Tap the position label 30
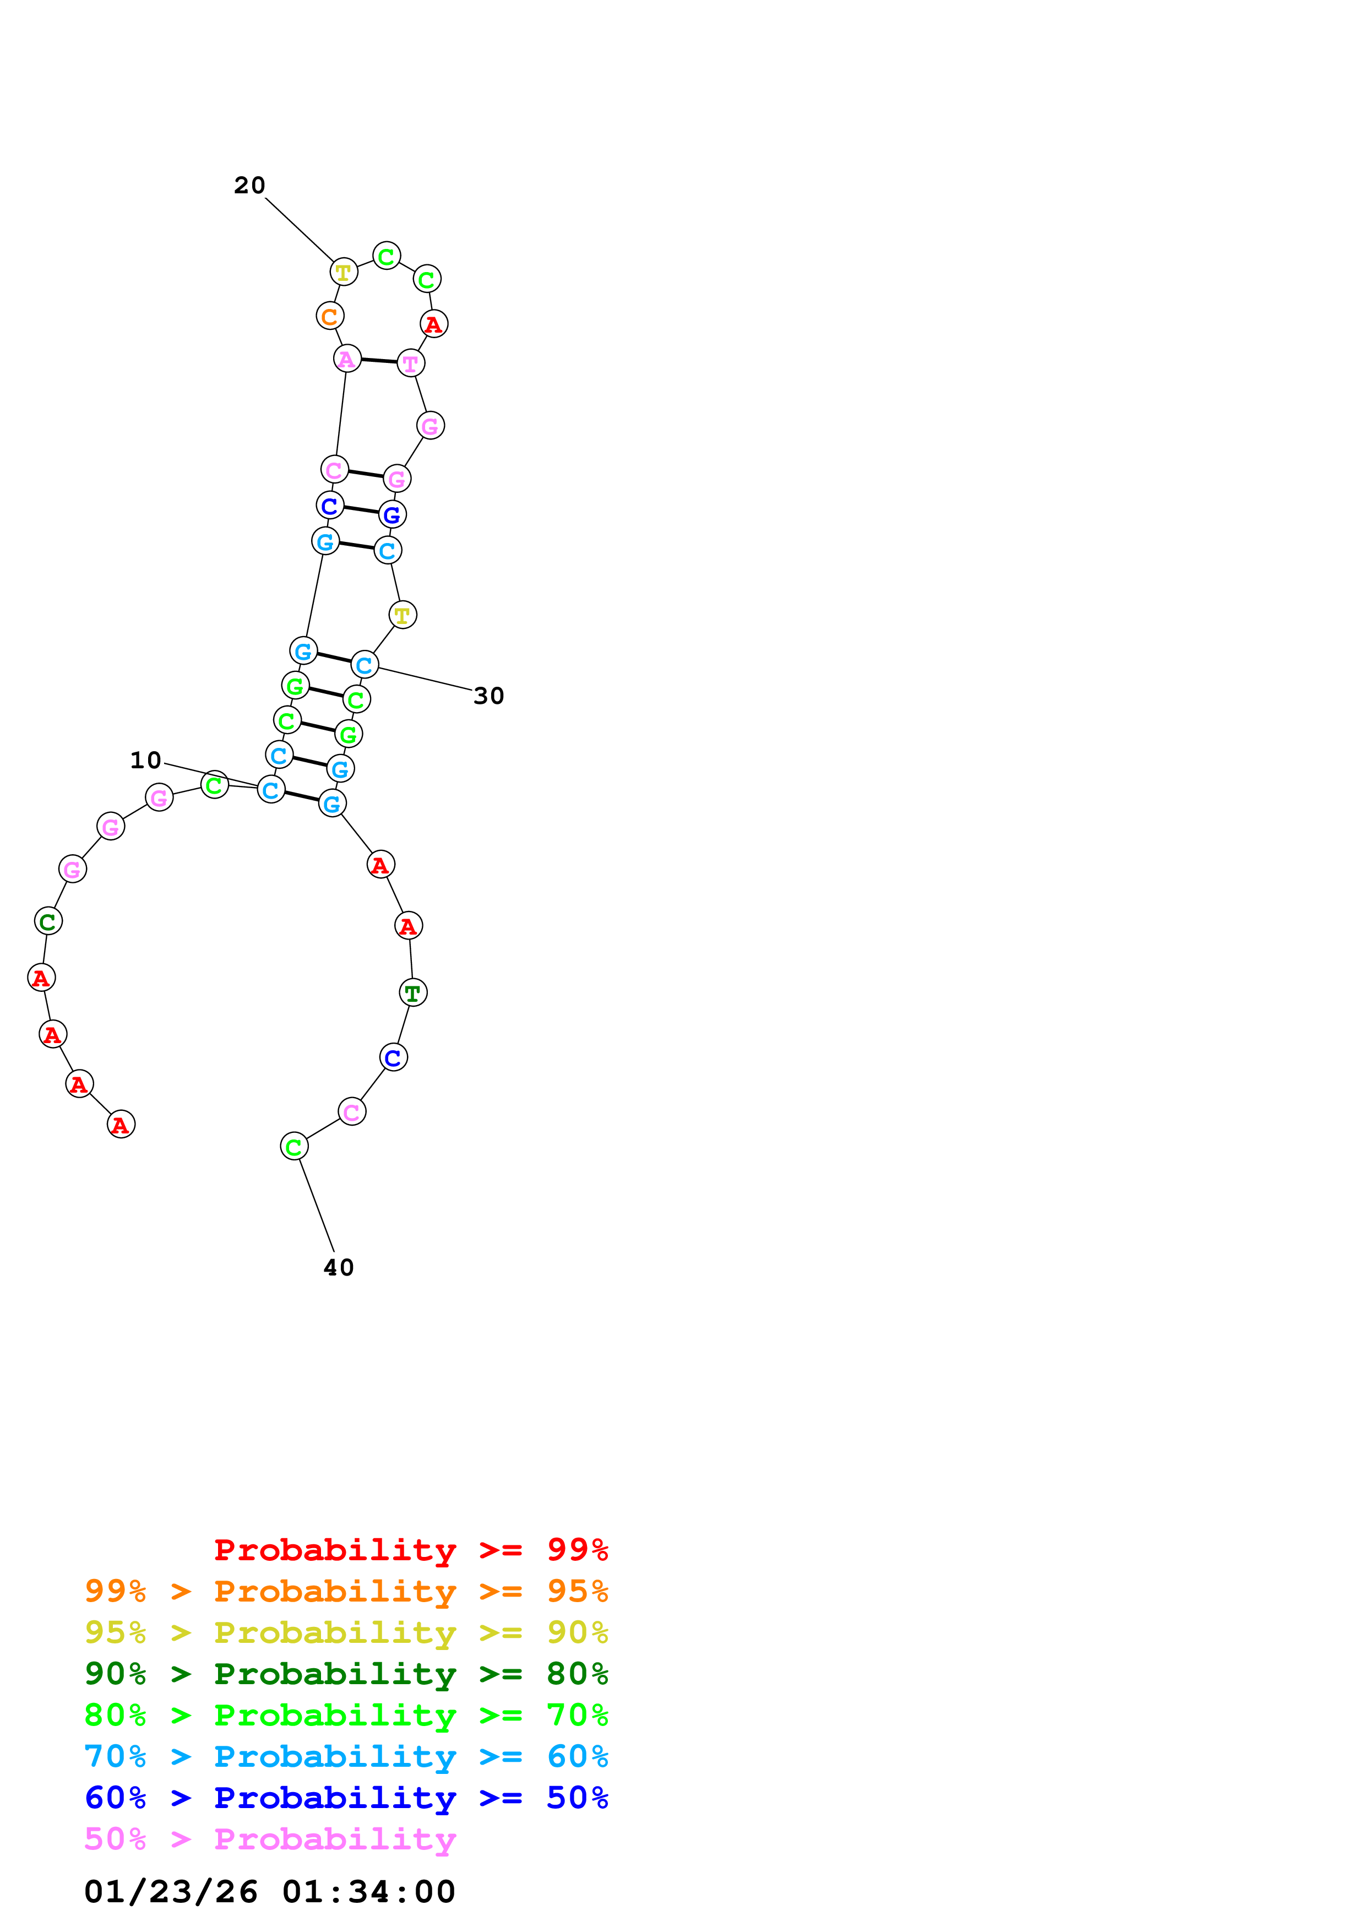[488, 696]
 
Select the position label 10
[145, 761]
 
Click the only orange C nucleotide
[330, 316]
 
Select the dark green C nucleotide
[48, 921]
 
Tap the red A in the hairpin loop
[434, 324]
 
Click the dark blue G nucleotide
[392, 515]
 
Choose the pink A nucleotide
[346, 359]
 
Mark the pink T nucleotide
[410, 363]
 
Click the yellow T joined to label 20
[343, 273]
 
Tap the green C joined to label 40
[293, 1146]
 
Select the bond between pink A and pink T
[378, 361]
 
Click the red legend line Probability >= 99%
[410, 1550]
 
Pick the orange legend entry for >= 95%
[346, 1591]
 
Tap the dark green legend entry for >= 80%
[346, 1674]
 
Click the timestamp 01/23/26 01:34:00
[270, 1892]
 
